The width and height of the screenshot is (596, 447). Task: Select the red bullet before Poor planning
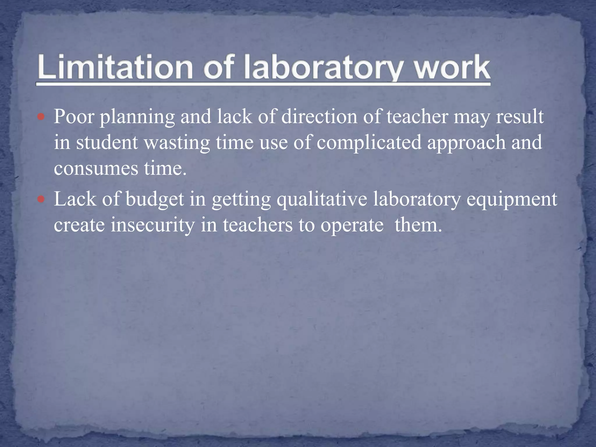click(x=41, y=118)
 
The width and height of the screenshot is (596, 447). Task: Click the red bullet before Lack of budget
click(x=41, y=200)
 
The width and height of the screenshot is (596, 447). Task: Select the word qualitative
click(x=322, y=200)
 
